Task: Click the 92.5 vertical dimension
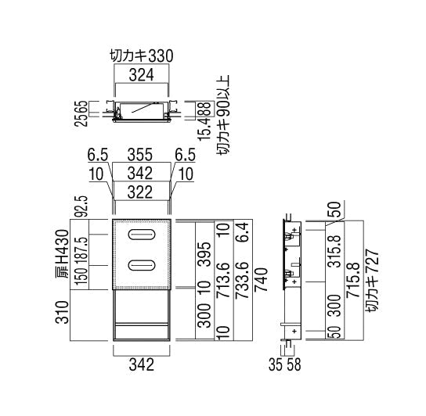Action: coord(78,207)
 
